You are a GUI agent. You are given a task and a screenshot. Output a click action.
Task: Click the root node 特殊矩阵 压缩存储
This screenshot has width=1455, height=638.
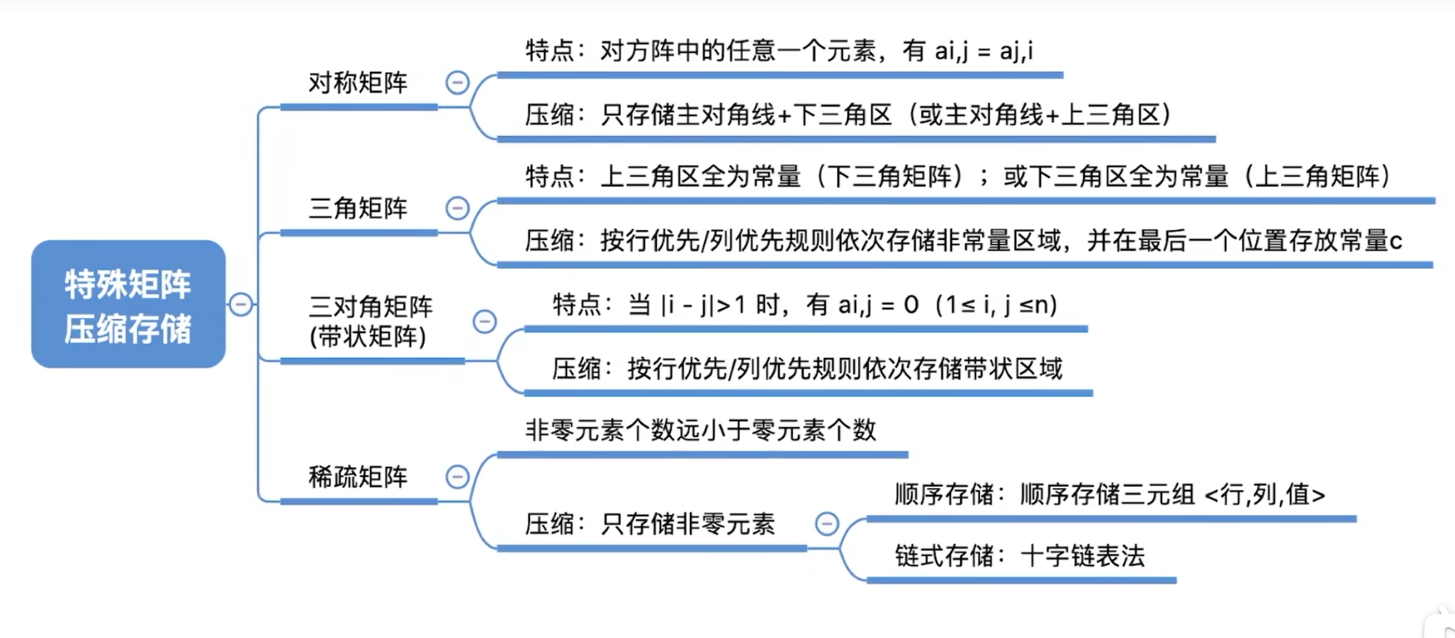click(128, 304)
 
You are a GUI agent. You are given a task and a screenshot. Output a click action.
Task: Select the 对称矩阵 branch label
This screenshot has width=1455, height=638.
click(358, 83)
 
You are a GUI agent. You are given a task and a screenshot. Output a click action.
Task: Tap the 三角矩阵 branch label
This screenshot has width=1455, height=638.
click(358, 208)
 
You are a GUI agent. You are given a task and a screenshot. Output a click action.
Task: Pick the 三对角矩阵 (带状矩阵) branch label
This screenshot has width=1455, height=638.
click(371, 321)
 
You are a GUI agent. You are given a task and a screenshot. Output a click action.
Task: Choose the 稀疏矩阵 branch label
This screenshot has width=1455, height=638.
click(358, 477)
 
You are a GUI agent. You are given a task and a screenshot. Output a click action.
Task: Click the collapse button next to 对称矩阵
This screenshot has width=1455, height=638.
click(457, 83)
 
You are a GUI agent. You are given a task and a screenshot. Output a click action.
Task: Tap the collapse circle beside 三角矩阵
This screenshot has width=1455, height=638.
click(457, 208)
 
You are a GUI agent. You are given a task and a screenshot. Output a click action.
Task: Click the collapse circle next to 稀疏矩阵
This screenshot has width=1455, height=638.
click(457, 477)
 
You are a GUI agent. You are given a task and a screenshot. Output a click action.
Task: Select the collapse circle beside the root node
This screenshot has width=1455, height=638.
click(240, 305)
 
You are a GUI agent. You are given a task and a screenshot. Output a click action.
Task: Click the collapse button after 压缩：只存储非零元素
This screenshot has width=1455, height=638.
click(827, 524)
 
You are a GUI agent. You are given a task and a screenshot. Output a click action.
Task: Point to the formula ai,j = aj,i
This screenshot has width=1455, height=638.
click(985, 51)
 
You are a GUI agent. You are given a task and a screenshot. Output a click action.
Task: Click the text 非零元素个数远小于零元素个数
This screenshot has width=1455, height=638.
click(700, 430)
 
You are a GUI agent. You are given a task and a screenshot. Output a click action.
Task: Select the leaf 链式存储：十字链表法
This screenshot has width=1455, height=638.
click(1019, 556)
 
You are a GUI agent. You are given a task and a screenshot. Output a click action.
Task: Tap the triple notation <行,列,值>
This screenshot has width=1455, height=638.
click(1265, 495)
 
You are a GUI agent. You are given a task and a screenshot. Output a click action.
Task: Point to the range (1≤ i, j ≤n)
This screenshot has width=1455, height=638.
click(997, 305)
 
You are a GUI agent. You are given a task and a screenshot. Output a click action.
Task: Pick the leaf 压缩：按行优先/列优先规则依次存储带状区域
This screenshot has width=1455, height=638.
click(807, 369)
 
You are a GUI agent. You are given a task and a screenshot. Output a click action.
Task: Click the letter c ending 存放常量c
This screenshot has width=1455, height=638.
click(1396, 242)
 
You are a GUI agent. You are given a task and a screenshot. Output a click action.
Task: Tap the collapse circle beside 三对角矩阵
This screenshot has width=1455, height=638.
click(485, 322)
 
